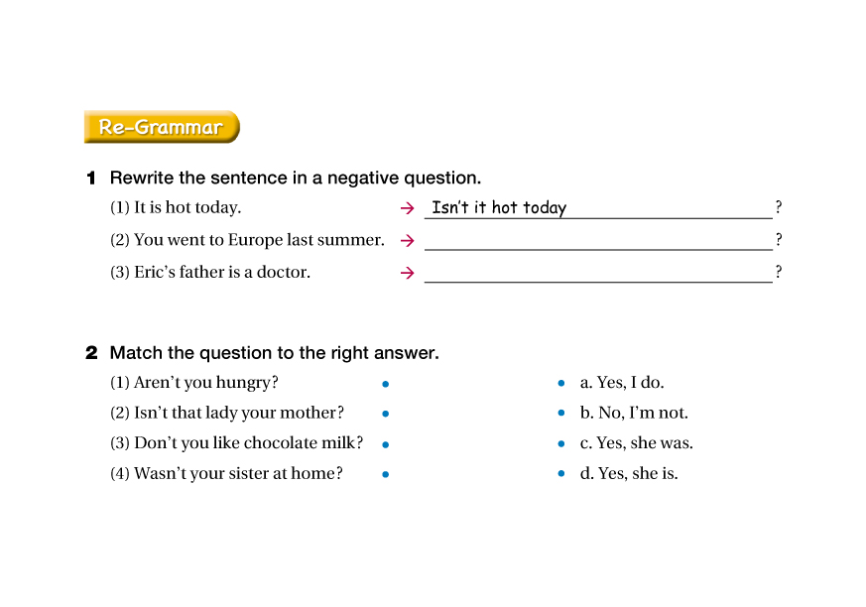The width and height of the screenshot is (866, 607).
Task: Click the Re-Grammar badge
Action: (161, 127)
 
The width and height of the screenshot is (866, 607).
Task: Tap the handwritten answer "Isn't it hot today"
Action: (499, 207)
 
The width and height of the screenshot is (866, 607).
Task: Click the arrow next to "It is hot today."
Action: (407, 208)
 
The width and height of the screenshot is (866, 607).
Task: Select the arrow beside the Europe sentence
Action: (407, 240)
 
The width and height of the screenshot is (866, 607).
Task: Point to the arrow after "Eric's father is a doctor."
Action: (407, 273)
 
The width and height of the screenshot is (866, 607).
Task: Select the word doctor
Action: (283, 272)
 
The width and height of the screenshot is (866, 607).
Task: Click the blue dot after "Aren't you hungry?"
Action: (385, 384)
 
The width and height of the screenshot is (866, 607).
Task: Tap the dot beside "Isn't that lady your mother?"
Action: (385, 414)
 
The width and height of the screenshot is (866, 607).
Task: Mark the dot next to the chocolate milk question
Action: (385, 444)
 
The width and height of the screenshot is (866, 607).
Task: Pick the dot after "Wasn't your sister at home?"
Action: (385, 475)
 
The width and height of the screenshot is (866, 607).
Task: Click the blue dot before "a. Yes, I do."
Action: (561, 384)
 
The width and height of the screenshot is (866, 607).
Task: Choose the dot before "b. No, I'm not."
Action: (561, 414)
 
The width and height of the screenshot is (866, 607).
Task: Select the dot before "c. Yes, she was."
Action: (561, 444)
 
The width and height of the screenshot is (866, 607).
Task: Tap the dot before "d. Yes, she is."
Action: (561, 475)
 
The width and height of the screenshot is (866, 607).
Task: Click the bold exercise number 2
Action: (91, 353)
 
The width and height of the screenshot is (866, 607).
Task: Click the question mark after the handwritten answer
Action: (779, 207)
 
